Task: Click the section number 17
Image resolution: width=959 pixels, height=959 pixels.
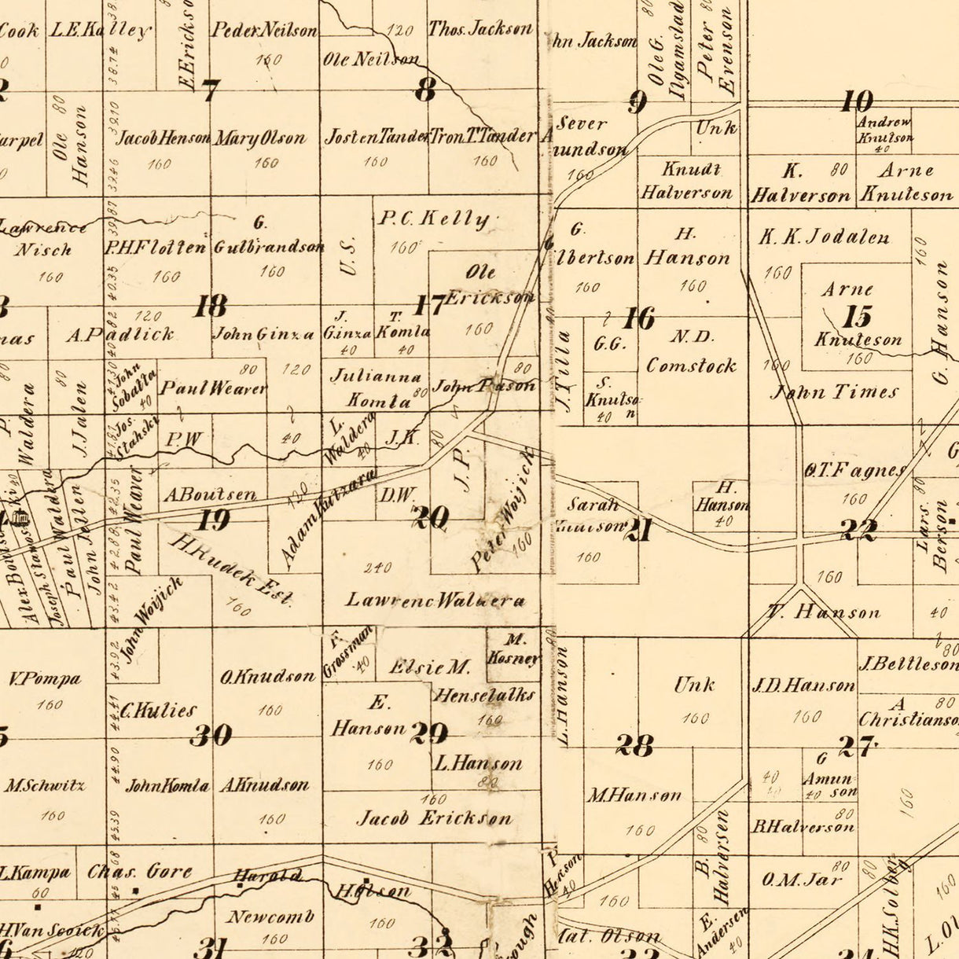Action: [x=430, y=305]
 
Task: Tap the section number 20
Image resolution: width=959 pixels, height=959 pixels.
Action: [x=431, y=517]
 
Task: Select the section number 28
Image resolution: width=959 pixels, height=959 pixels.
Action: [x=634, y=744]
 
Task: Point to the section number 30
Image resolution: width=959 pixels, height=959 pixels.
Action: [x=211, y=735]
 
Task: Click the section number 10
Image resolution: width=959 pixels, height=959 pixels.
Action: [x=856, y=101]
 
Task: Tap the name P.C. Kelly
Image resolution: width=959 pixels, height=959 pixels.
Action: [x=433, y=219]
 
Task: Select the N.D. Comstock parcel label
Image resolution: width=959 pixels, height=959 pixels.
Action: [x=692, y=351]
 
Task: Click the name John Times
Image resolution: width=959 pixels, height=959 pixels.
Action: [x=834, y=391]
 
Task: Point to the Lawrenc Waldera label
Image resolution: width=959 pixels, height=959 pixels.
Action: [x=435, y=601]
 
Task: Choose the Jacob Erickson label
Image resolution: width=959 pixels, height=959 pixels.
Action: [x=435, y=818]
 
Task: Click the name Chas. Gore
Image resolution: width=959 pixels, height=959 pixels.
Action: [x=139, y=871]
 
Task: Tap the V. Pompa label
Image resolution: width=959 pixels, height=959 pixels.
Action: [x=45, y=678]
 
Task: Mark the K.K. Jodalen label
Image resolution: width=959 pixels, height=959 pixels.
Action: [x=824, y=237]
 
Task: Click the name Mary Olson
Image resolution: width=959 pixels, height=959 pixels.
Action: [x=260, y=139]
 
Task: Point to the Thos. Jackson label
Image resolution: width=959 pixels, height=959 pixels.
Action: [x=480, y=30]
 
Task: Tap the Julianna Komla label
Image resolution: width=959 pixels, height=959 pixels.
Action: [x=377, y=388]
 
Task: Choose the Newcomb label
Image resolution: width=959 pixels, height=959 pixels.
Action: [x=270, y=917]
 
